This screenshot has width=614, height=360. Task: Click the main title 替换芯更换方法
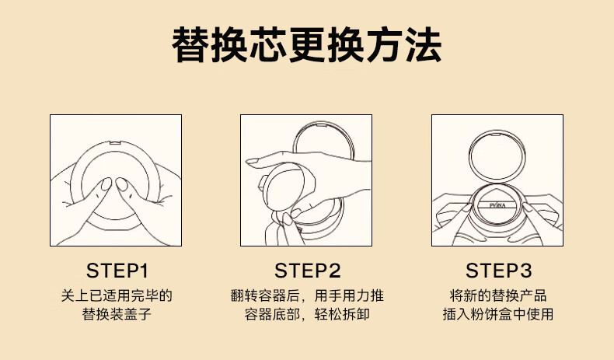tap(307, 45)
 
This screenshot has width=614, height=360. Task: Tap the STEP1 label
tap(117, 271)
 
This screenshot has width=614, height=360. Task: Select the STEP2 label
tap(308, 271)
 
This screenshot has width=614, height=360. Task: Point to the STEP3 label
tap(498, 271)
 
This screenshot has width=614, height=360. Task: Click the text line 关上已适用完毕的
tap(117, 295)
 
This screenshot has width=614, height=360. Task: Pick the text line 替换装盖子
tap(117, 314)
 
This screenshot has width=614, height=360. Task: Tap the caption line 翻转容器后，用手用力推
tap(307, 295)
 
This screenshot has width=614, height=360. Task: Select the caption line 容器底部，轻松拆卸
tap(307, 314)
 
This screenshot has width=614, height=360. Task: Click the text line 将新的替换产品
tap(498, 295)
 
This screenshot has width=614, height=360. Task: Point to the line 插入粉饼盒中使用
tap(498, 314)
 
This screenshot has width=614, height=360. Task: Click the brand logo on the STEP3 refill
tap(497, 205)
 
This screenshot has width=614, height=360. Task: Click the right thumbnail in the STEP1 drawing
tap(122, 184)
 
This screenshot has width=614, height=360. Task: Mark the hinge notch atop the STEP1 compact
tap(115, 142)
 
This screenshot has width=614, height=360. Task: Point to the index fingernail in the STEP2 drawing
tap(252, 161)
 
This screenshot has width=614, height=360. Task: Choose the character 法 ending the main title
tap(424, 45)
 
